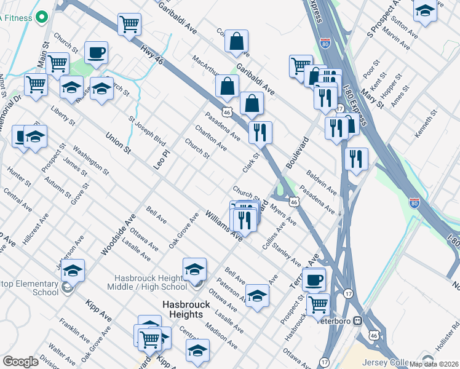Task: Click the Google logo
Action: (20, 362)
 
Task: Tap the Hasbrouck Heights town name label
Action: (182, 309)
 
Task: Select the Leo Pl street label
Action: (162, 158)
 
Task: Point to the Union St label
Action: (118, 143)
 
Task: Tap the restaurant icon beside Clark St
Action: (260, 132)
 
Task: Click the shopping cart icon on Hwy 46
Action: (130, 25)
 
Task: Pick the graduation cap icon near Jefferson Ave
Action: (73, 270)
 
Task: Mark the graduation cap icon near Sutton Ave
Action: (425, 11)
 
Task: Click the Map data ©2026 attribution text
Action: (434, 363)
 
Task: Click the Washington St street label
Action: (90, 160)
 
